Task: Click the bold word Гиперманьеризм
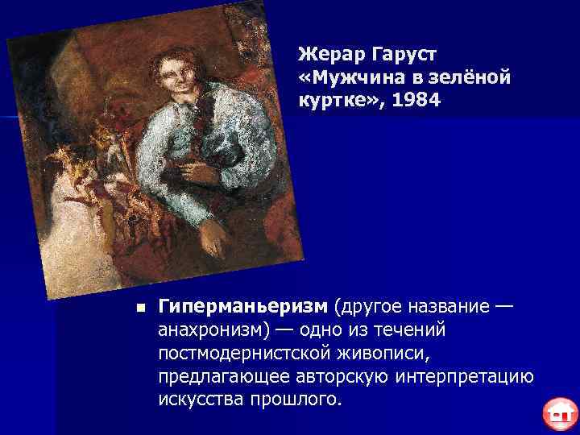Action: (x=242, y=307)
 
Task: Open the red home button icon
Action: (x=557, y=413)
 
